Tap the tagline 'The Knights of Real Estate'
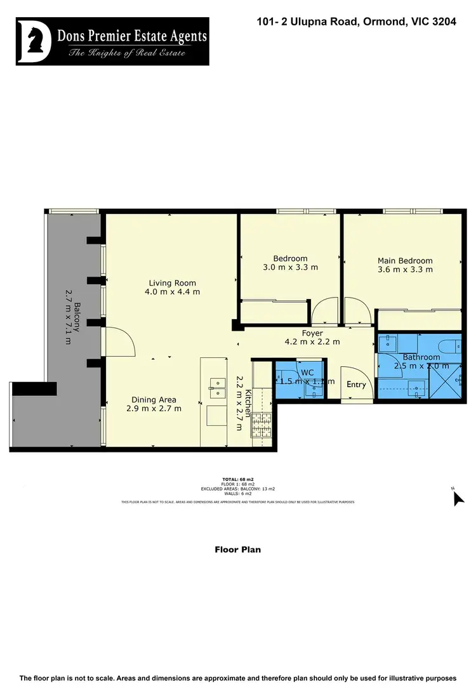pos(127,52)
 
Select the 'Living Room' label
pos(173,283)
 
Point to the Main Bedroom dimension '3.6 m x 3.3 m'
pos(405,269)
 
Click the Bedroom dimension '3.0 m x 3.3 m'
pos(290,267)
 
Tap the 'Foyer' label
pos(312,333)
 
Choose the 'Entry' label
pos(356,385)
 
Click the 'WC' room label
pos(307,372)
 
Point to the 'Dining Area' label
pos(154,400)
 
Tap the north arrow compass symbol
pos(458,498)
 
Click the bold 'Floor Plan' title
pos(237,550)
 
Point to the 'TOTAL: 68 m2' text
pos(237,479)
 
